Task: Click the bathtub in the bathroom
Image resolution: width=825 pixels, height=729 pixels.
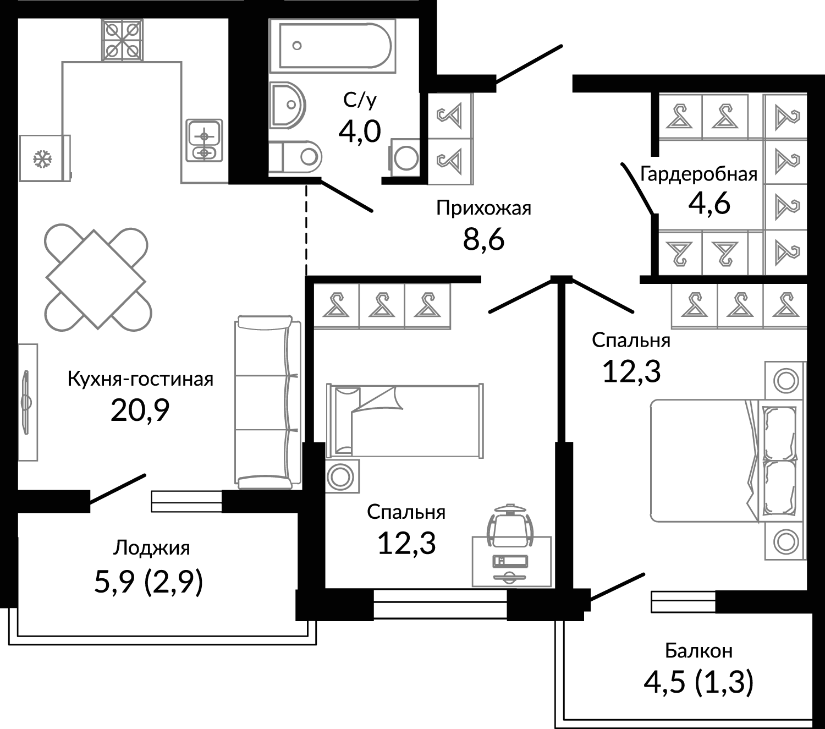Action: point(332,46)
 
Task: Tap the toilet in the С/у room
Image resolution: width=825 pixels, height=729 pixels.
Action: point(296,157)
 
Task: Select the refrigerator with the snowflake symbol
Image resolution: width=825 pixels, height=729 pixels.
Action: point(45,158)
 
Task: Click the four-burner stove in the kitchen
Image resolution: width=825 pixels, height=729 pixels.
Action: point(122,40)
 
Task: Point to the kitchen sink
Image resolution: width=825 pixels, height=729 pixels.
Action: point(205,140)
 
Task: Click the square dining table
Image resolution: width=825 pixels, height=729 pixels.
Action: point(96,279)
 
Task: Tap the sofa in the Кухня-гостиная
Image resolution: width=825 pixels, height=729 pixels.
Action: point(267,402)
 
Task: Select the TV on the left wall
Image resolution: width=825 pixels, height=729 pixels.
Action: point(27,402)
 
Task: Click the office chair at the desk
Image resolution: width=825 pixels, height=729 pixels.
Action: point(510,525)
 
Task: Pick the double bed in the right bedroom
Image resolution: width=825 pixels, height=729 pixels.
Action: point(722,460)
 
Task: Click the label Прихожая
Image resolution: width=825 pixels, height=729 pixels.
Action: point(484,209)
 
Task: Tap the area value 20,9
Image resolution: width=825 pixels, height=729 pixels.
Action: point(140,411)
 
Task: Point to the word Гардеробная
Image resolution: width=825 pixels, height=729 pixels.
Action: point(698,174)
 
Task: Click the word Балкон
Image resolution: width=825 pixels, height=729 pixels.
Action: point(698,651)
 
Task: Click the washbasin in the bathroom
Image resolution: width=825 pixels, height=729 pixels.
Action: point(287,105)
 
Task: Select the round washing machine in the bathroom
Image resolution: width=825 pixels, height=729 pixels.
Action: point(405,158)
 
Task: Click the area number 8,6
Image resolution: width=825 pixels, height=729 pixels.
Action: point(484,239)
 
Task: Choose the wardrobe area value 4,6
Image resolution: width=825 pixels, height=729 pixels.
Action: point(710,204)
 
